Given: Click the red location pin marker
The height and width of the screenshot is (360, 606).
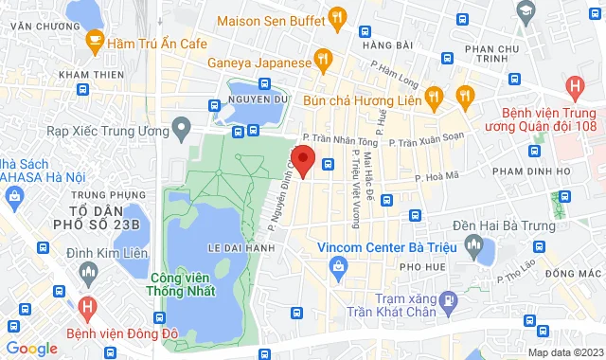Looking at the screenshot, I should [302, 158].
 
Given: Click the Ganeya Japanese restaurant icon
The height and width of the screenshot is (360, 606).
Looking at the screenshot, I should [324, 60].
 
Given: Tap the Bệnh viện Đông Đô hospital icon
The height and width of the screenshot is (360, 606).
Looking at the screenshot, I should [88, 308].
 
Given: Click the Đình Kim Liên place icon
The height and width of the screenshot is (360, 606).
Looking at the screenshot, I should [88, 274].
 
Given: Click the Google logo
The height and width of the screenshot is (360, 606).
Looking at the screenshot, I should [31, 348].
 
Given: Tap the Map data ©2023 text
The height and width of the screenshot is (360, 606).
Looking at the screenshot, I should [562, 351].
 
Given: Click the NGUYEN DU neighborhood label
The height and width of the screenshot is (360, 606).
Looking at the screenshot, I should [252, 99].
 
